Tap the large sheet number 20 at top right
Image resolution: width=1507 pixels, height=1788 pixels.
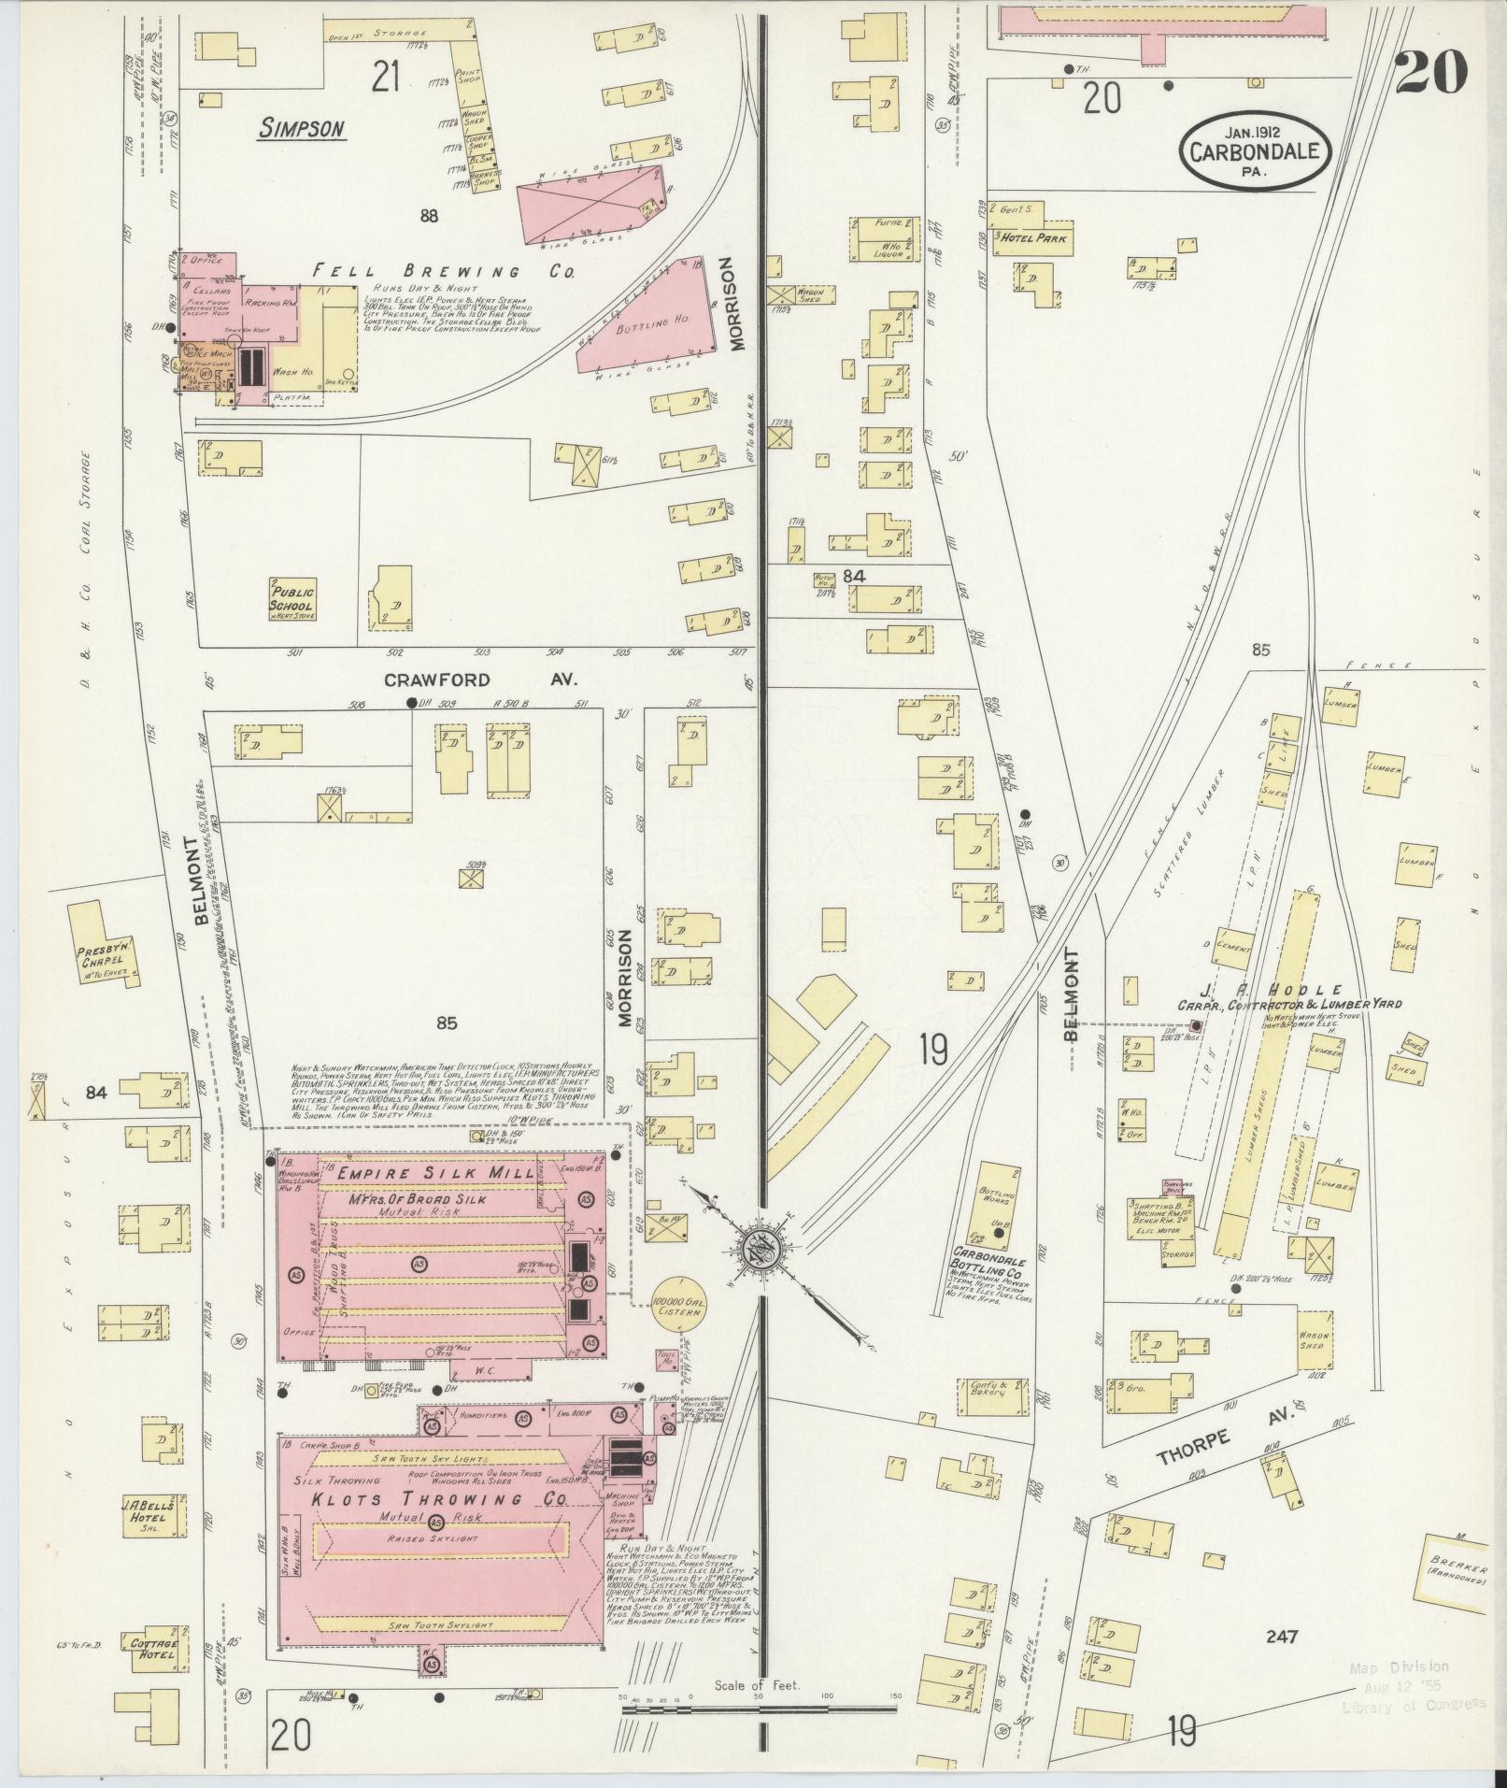pyautogui.click(x=1430, y=72)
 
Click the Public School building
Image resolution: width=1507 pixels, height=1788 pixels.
pyautogui.click(x=293, y=598)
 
